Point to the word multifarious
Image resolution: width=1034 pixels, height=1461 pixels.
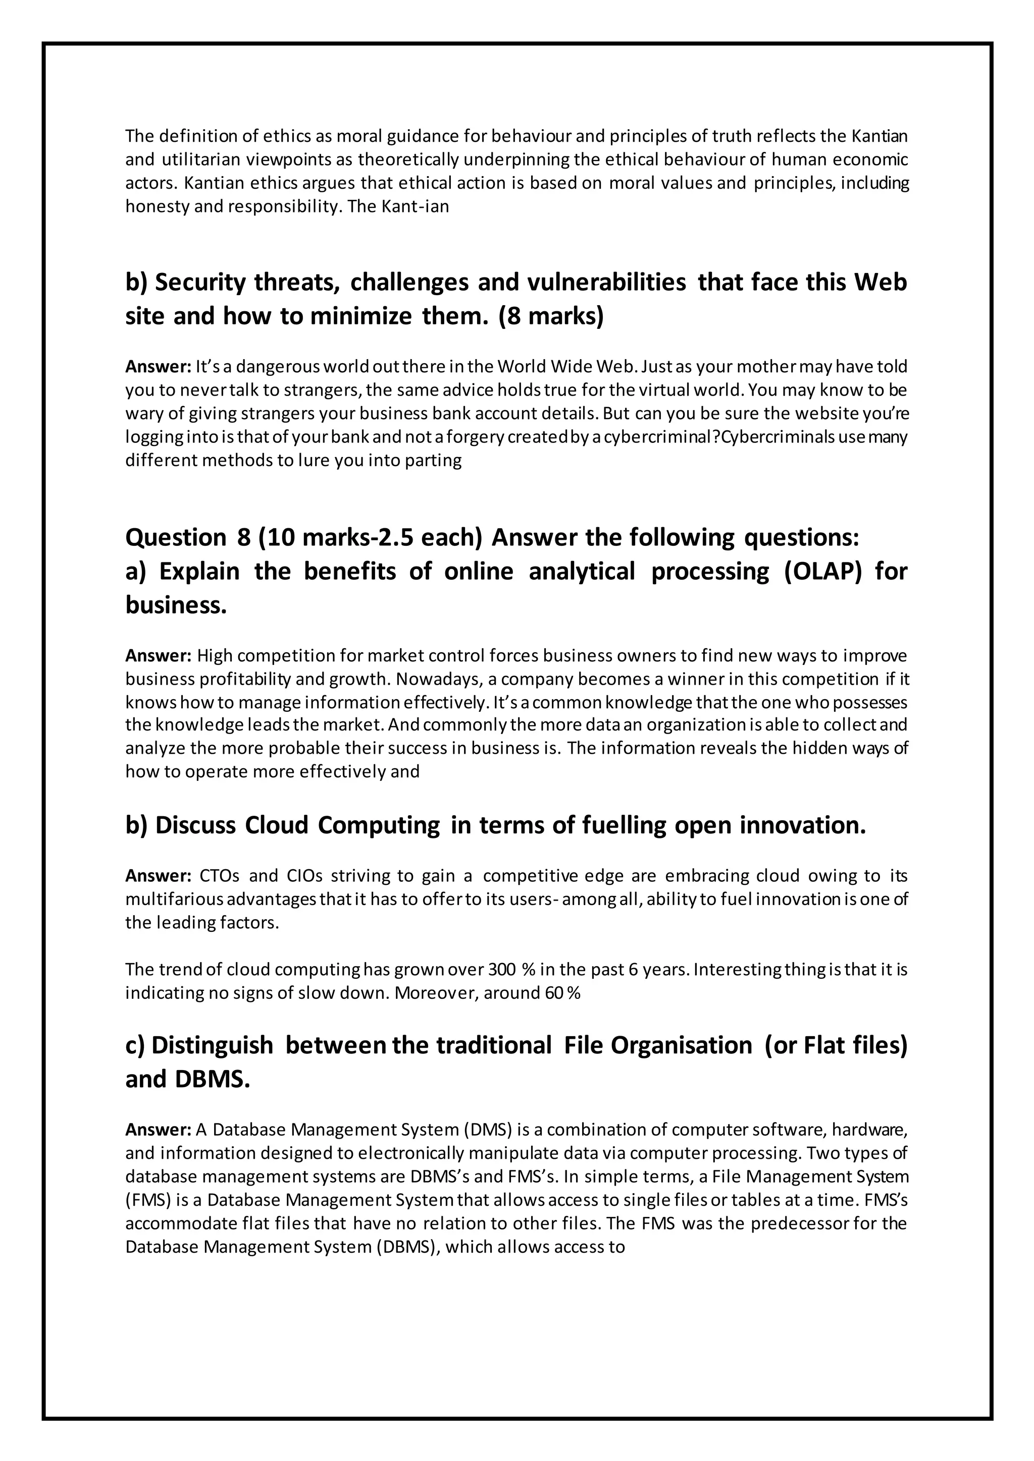(x=175, y=899)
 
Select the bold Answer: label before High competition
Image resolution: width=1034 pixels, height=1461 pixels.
(x=158, y=655)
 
